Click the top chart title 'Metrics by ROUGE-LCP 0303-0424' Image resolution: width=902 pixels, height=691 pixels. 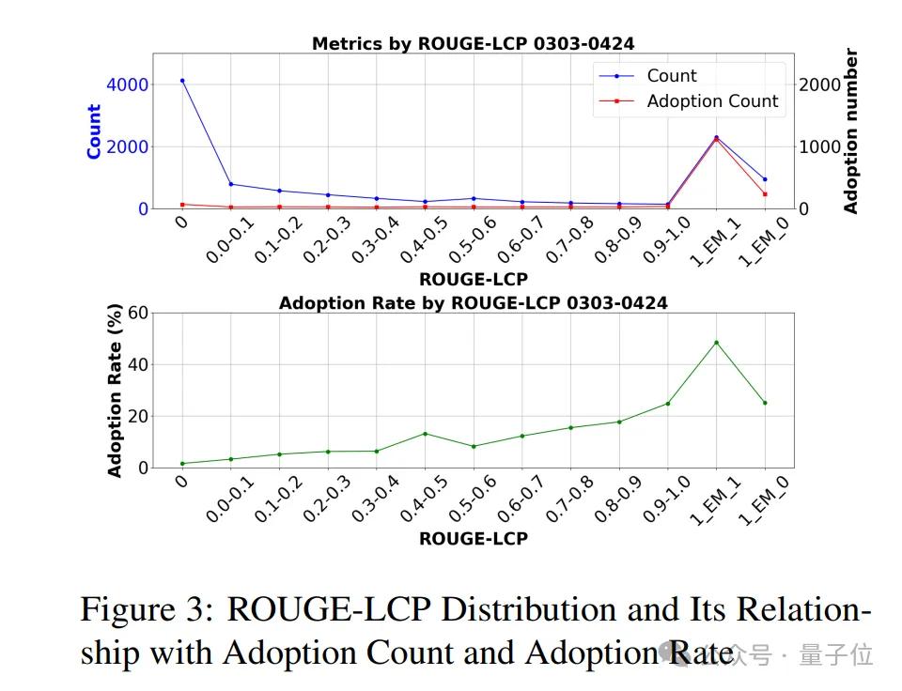coord(473,44)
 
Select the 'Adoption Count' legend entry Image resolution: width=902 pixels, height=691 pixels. coord(712,101)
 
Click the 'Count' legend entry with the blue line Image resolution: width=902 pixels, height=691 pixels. coord(672,76)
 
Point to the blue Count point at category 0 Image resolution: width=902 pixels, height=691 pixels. coord(182,81)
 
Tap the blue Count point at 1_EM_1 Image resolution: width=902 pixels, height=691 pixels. coord(716,137)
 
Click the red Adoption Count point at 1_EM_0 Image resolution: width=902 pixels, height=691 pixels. coord(765,194)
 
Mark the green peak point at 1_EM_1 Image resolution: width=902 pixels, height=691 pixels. coord(716,342)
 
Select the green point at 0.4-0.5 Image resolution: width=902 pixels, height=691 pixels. coord(425,434)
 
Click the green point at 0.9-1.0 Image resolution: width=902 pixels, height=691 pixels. coord(668,404)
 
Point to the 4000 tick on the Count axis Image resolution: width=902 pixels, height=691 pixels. coord(127,84)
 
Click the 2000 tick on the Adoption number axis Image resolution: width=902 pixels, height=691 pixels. coord(818,84)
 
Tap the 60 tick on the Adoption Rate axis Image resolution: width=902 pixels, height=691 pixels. coord(138,313)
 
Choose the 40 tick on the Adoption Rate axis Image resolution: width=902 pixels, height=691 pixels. coord(138,364)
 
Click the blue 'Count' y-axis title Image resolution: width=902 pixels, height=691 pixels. coord(94,131)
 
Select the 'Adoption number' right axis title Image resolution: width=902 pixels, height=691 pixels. coord(851,131)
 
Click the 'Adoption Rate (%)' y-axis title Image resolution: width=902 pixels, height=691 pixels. coord(116,390)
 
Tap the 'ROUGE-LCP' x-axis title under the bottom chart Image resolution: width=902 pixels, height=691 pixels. coord(473,539)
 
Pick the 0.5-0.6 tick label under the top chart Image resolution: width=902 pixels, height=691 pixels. coord(474,240)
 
